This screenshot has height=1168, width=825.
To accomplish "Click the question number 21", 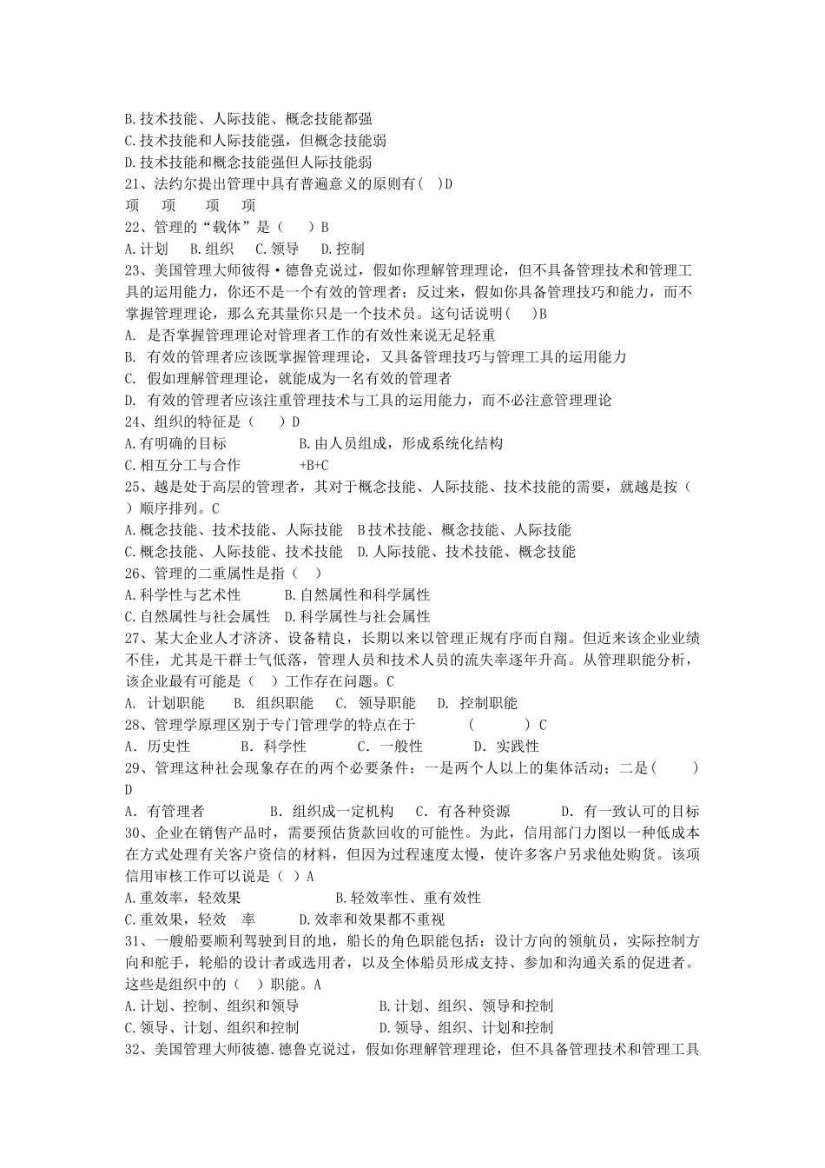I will click(x=134, y=184).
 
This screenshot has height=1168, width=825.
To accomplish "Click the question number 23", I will click(x=134, y=270).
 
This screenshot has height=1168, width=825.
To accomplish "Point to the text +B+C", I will click(x=313, y=465).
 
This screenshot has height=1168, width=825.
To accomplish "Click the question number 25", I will click(x=134, y=487).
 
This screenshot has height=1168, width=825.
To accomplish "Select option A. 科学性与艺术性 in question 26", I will click(x=182, y=595).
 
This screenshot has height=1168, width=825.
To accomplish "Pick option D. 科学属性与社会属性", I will click(x=357, y=617).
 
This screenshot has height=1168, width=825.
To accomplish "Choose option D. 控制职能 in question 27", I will click(x=477, y=703).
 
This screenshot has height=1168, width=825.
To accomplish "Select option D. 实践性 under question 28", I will click(x=506, y=747).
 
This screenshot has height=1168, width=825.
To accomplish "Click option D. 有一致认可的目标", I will click(x=630, y=812).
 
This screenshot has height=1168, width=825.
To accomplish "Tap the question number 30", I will click(x=134, y=833).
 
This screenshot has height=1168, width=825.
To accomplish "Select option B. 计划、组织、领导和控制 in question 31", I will click(x=466, y=1005).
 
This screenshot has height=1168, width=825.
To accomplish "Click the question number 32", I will click(x=134, y=1049).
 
